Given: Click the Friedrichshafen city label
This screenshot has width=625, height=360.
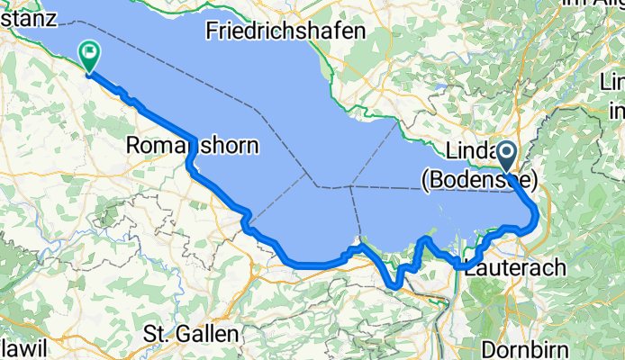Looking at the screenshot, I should (x=285, y=31).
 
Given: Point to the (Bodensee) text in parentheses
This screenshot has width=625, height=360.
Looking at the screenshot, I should (x=478, y=182).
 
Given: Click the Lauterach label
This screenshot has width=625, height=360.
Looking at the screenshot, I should (x=516, y=267).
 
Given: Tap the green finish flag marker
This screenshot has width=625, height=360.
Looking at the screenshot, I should (x=90, y=56).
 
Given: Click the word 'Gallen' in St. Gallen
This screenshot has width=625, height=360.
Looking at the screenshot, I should (x=208, y=334).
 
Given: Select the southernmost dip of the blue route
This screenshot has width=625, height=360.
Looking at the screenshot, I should (x=394, y=287).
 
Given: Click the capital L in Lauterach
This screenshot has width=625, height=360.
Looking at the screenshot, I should (x=471, y=267).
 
